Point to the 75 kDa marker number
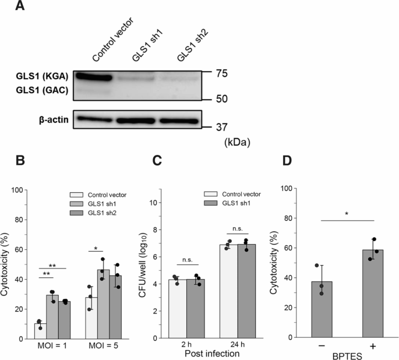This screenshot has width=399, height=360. click(217, 73)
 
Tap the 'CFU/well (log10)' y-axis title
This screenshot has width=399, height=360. click(142, 264)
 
